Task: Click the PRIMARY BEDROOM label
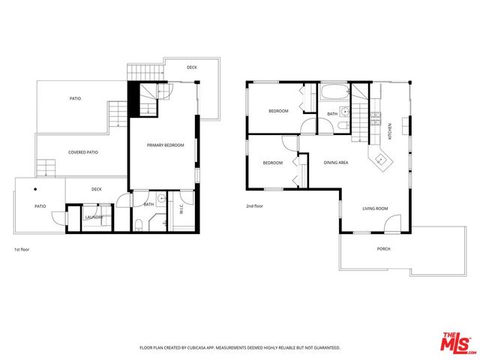click(165, 145)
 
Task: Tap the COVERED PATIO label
click(82, 152)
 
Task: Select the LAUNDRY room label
click(94, 217)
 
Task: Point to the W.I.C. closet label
click(182, 210)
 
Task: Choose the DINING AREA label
click(335, 162)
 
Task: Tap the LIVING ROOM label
click(374, 208)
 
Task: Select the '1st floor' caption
click(22, 249)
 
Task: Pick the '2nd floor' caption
click(255, 205)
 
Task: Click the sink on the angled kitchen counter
click(382, 158)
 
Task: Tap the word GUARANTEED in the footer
click(325, 348)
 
